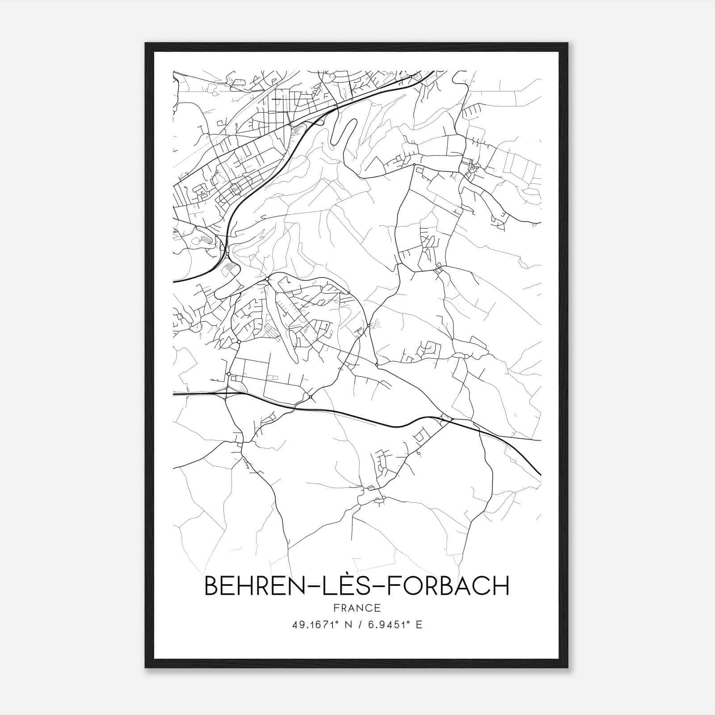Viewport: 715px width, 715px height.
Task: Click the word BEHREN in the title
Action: [252, 586]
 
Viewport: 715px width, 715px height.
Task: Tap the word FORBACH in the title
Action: [448, 586]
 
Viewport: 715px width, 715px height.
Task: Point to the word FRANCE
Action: [357, 608]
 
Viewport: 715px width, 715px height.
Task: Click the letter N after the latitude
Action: [347, 625]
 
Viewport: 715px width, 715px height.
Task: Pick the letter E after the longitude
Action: [419, 625]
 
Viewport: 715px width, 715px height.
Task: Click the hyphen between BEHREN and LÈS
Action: [311, 586]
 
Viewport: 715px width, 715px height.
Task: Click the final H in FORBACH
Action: [502, 586]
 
